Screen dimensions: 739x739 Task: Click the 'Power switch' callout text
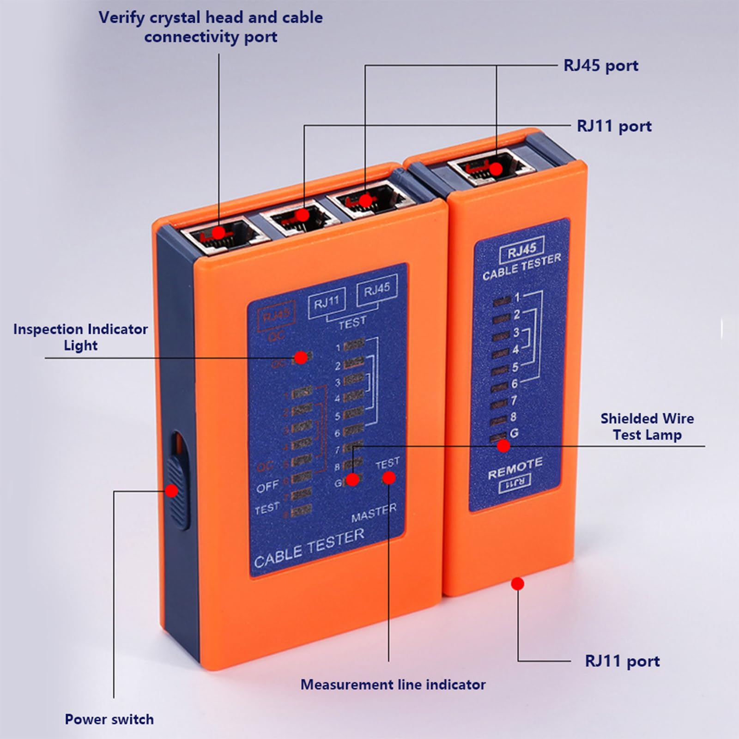(x=109, y=719)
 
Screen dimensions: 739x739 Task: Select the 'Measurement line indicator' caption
(x=393, y=684)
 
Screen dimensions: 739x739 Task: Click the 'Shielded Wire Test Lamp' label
(x=647, y=426)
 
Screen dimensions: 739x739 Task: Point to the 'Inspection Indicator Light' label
(x=80, y=337)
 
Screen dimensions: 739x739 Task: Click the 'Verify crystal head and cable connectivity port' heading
(x=211, y=27)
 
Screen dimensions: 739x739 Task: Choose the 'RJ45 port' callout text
(x=601, y=66)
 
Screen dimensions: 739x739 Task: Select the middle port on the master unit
(x=303, y=215)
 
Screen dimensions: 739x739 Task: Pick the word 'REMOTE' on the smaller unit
(x=515, y=468)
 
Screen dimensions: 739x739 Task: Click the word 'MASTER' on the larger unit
(x=374, y=513)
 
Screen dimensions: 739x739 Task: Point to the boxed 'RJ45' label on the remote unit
(x=522, y=251)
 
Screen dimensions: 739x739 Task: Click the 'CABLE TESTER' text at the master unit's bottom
(x=309, y=548)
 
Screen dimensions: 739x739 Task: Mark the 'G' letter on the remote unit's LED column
(x=514, y=433)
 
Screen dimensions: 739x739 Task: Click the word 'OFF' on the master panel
(x=267, y=486)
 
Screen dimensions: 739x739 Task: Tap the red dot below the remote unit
(x=518, y=583)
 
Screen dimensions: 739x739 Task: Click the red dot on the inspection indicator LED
(x=301, y=357)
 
